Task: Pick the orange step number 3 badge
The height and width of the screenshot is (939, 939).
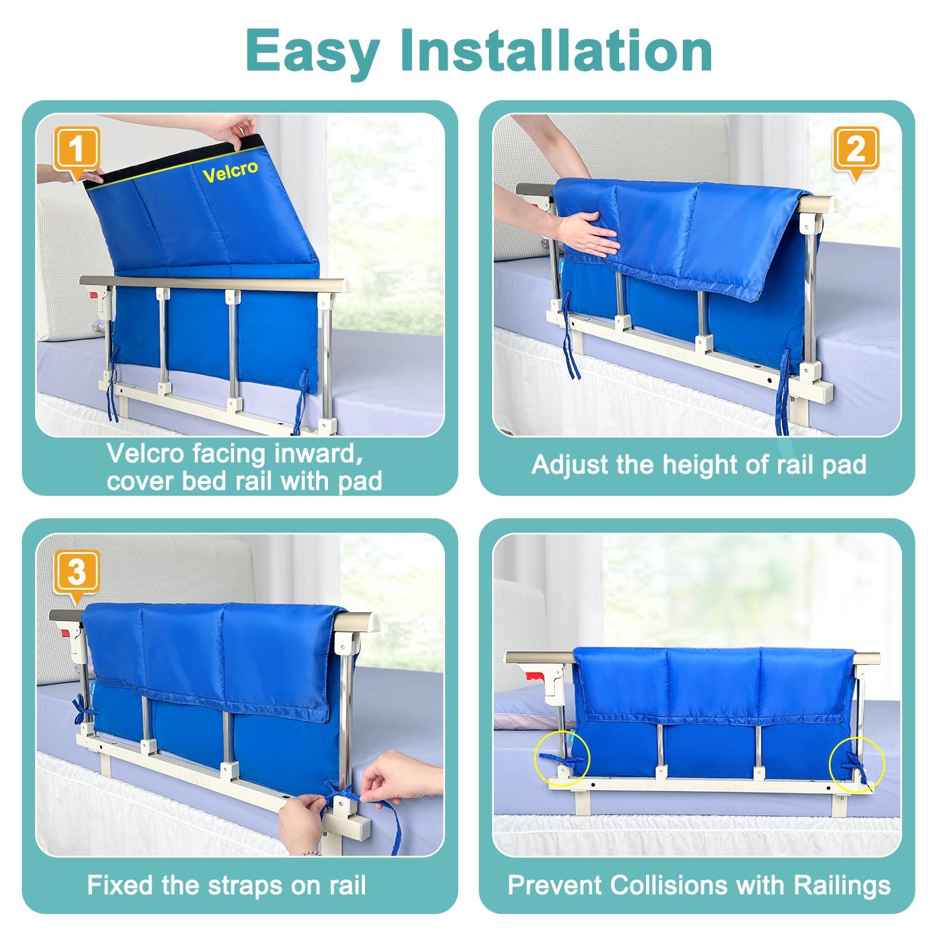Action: pos(76,572)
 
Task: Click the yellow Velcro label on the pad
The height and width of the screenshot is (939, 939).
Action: pos(230,170)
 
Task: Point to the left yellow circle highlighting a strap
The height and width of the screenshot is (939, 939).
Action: pos(562,759)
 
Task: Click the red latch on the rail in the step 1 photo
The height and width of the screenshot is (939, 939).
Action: pos(92,293)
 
